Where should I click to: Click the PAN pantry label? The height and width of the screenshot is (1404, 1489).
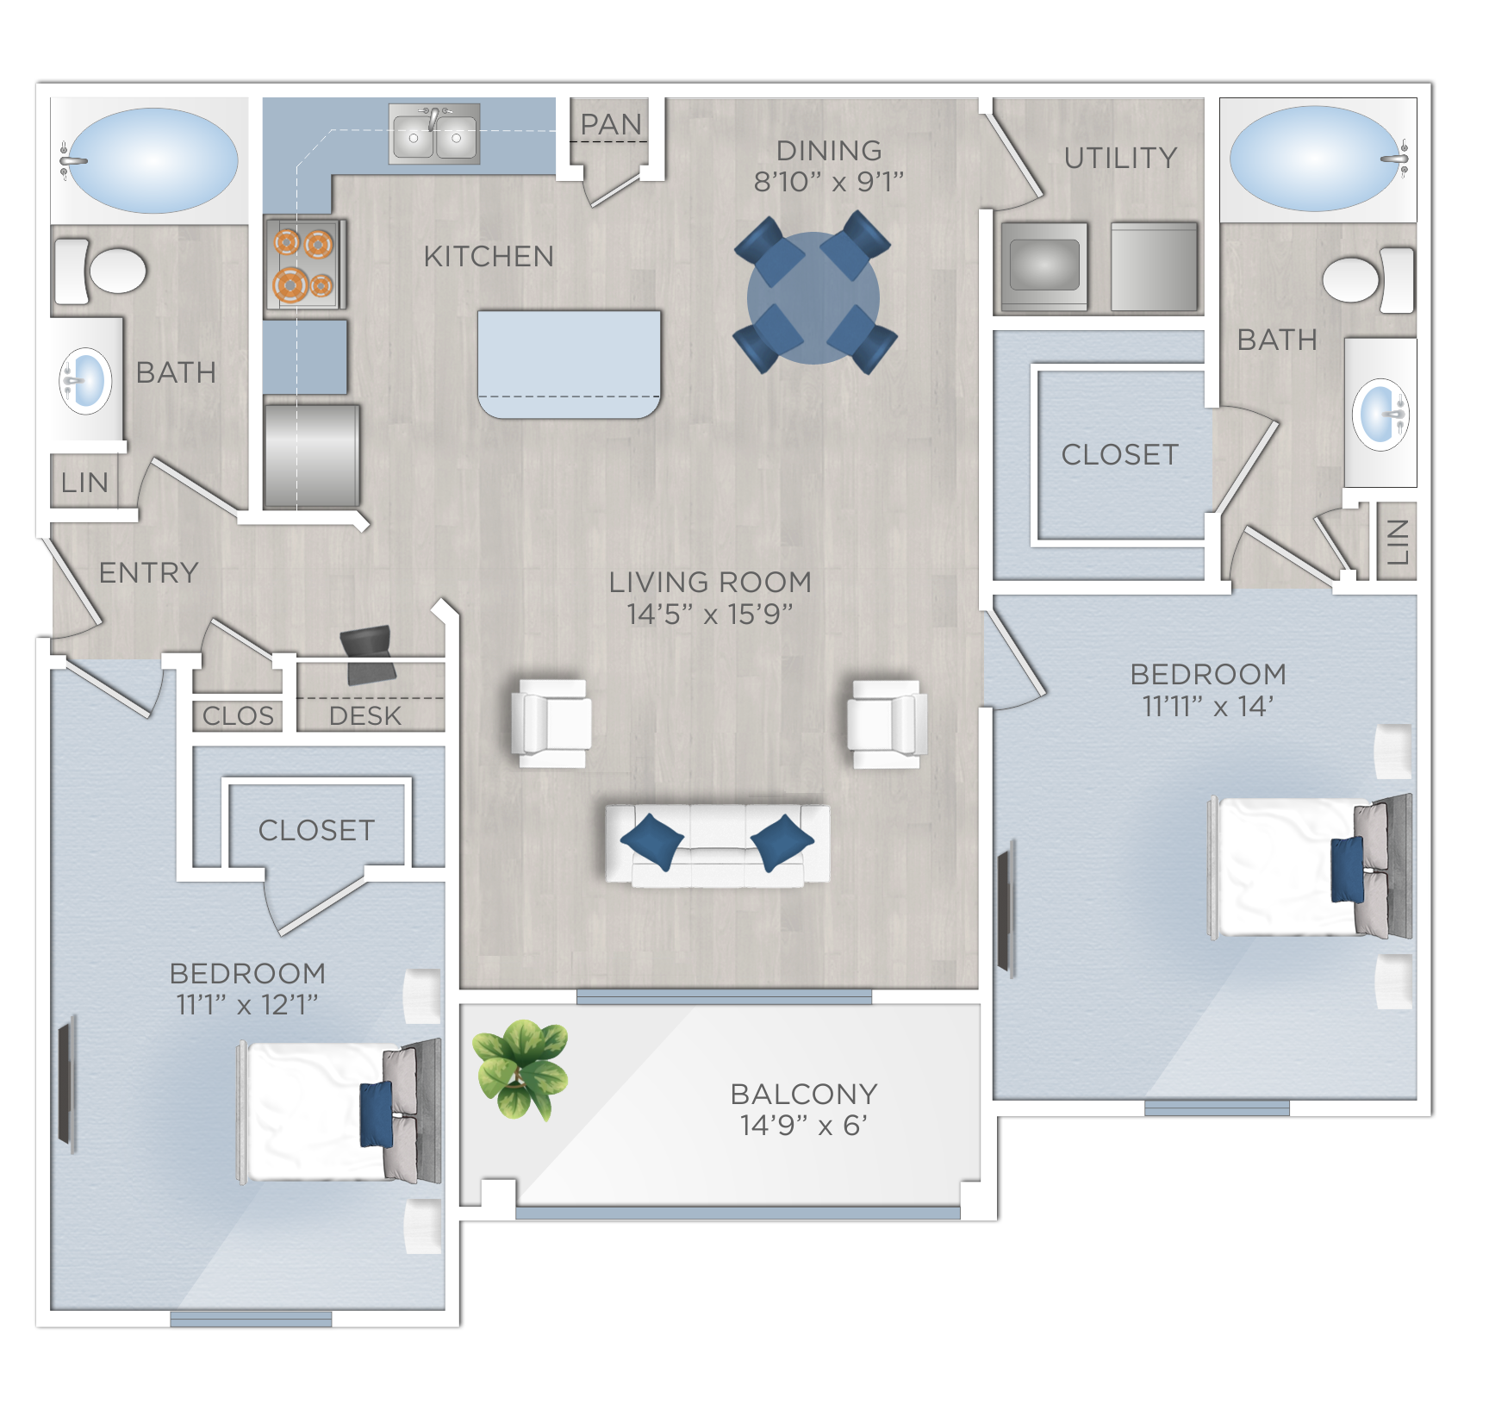click(x=611, y=125)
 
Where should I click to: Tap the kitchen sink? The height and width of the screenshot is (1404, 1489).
click(x=434, y=135)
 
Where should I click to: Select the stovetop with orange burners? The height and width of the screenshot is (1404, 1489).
click(x=304, y=264)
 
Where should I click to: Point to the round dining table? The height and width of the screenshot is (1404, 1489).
click(x=813, y=297)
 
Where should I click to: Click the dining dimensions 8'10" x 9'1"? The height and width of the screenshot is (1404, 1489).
click(x=828, y=182)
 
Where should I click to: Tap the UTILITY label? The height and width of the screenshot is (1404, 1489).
click(x=1120, y=158)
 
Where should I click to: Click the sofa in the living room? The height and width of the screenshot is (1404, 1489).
click(x=717, y=846)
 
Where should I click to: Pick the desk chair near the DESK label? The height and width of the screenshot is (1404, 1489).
click(x=369, y=653)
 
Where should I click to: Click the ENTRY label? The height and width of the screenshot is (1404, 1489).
click(x=148, y=572)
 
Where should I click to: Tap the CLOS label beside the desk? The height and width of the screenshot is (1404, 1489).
click(x=238, y=715)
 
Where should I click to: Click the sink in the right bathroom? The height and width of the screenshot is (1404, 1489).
click(x=1380, y=414)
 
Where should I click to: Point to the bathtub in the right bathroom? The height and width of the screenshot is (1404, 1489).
click(x=1313, y=159)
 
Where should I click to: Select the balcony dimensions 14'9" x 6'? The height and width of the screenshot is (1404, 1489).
click(x=803, y=1125)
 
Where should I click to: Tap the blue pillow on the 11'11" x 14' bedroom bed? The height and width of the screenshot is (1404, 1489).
click(x=1347, y=869)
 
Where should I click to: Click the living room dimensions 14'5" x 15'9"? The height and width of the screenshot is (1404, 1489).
click(x=709, y=614)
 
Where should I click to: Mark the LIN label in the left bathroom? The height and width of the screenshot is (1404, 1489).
click(x=84, y=483)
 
